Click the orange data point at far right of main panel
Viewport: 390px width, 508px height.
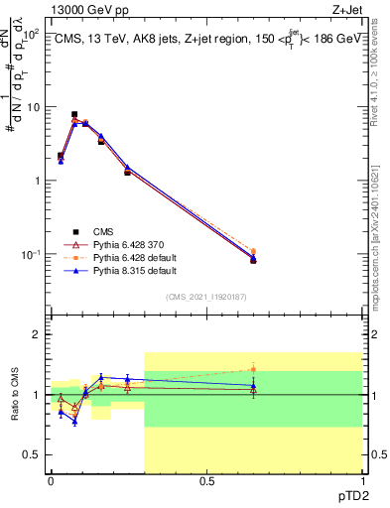253,252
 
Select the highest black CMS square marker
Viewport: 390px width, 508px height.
74,115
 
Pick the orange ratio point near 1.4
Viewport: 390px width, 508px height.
253,369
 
